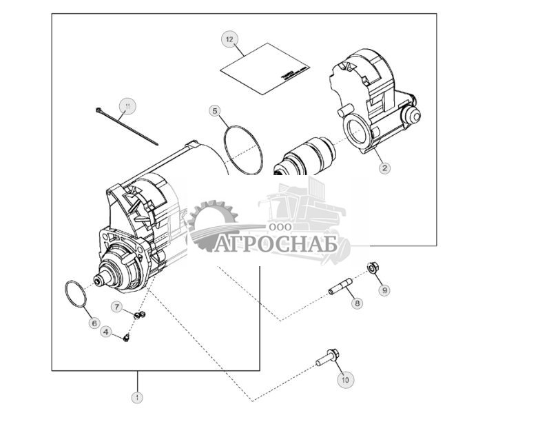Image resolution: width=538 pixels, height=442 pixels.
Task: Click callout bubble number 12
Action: [229, 39]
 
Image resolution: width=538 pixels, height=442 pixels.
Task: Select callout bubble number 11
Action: [127, 106]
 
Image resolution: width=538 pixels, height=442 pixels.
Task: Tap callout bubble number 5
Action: [215, 110]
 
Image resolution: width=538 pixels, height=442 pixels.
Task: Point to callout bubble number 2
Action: [384, 167]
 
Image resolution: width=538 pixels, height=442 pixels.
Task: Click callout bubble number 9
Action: [384, 290]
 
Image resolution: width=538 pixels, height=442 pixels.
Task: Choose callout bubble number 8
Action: [357, 303]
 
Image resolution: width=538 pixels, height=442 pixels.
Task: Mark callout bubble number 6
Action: [94, 323]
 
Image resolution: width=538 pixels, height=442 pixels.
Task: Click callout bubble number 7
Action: [117, 306]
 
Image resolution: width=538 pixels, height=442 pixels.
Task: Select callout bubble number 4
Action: [105, 332]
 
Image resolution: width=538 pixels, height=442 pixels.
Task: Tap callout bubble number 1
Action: [137, 397]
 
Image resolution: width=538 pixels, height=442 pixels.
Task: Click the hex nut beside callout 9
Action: [372, 267]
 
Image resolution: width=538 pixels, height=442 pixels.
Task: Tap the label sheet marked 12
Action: [263, 70]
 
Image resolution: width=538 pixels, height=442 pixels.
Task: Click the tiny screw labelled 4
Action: [127, 337]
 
